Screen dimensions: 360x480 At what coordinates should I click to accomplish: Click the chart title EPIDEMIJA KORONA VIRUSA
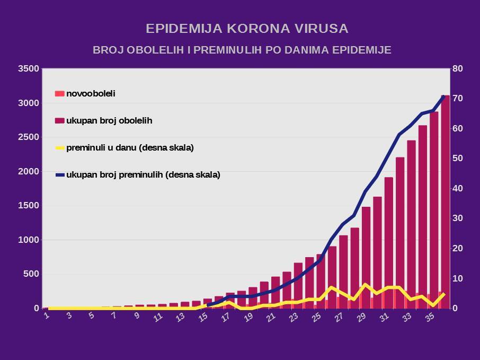pos(247,28)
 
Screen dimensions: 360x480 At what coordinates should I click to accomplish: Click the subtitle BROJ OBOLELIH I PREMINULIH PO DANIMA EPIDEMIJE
pos(242,50)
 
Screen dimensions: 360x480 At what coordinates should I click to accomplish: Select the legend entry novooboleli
pos(91,94)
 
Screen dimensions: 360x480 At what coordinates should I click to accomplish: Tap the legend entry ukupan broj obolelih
pos(109,120)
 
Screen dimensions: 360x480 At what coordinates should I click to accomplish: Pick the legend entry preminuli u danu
pos(130,147)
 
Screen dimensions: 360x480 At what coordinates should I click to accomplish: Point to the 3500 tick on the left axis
pos(29,68)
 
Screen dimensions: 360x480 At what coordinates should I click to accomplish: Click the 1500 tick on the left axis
pos(29,206)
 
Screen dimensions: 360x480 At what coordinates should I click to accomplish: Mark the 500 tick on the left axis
pos(31,274)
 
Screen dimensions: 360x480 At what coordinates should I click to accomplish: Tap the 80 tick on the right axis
pos(457,68)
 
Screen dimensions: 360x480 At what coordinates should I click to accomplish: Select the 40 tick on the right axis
pos(457,189)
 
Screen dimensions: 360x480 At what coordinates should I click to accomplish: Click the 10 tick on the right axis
pos(457,278)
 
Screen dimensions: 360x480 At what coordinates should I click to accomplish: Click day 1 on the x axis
pos(47,316)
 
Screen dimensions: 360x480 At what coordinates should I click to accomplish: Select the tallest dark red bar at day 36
pos(445,201)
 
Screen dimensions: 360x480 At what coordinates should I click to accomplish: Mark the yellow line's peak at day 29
pos(366,285)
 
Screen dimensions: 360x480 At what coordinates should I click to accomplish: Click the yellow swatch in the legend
pos(59,148)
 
